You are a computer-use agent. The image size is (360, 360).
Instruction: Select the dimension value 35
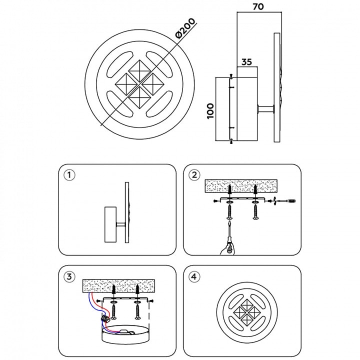pos(246,62)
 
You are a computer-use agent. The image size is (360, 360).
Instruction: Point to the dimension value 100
pos(210,109)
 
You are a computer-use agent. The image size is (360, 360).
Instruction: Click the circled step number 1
pos(69,175)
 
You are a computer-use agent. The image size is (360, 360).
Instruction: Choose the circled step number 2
pos(194,175)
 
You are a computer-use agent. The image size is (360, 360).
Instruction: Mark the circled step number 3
pos(69,276)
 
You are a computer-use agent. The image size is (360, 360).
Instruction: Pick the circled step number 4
pos(194,276)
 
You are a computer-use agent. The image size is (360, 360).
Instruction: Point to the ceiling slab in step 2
pos(242,186)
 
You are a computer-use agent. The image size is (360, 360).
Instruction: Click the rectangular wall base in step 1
pos(110,224)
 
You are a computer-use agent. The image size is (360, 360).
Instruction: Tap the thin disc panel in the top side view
pos(276,88)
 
